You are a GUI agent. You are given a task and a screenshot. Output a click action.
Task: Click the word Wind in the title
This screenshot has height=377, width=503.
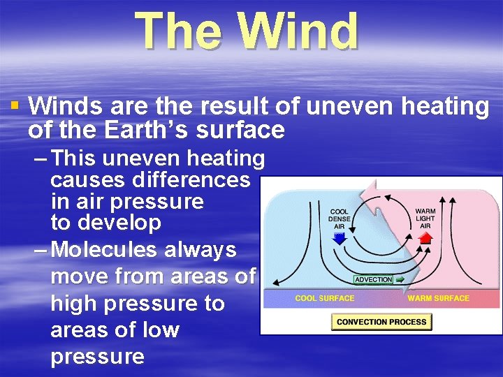click(298, 31)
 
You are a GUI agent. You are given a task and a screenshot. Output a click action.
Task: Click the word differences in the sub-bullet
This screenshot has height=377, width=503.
click(150, 180)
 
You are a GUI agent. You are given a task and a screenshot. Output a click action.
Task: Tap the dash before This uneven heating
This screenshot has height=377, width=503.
click(41, 159)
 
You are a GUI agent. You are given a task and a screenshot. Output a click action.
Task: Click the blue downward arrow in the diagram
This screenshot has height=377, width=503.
click(340, 238)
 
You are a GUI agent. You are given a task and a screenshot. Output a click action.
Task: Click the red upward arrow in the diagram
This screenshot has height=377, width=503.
click(425, 237)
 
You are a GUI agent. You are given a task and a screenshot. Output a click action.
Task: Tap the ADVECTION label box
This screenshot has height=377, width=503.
click(374, 279)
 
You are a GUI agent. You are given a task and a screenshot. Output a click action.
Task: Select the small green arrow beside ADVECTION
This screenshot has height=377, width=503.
click(400, 279)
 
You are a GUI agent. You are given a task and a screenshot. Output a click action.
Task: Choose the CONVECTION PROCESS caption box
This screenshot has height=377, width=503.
click(381, 322)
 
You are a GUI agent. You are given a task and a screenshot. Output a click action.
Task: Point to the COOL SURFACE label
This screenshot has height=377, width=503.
click(324, 299)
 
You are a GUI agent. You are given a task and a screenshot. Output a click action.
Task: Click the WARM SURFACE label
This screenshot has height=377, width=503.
click(438, 299)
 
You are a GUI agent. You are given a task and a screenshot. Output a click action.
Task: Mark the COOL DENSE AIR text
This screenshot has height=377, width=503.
click(340, 219)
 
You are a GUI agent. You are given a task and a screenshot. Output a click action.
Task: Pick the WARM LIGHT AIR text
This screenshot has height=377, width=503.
click(425, 219)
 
